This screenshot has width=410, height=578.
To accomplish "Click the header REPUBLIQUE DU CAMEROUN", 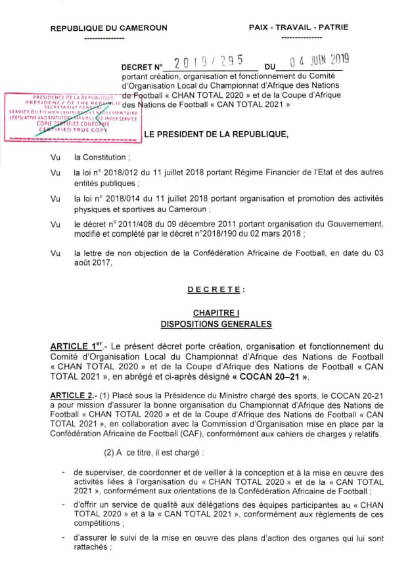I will coord(108,28).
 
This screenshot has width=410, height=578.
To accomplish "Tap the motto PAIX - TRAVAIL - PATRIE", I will coord(299,28).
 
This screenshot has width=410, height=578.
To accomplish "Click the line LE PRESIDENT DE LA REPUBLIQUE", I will coord(216,134).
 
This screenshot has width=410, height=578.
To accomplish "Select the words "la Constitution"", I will coord(102,158).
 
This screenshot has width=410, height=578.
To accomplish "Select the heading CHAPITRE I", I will coord(216,313).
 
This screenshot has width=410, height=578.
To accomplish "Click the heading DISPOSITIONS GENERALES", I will coord(216,324).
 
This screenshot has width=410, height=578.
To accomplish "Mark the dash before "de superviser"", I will coord(62,472).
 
